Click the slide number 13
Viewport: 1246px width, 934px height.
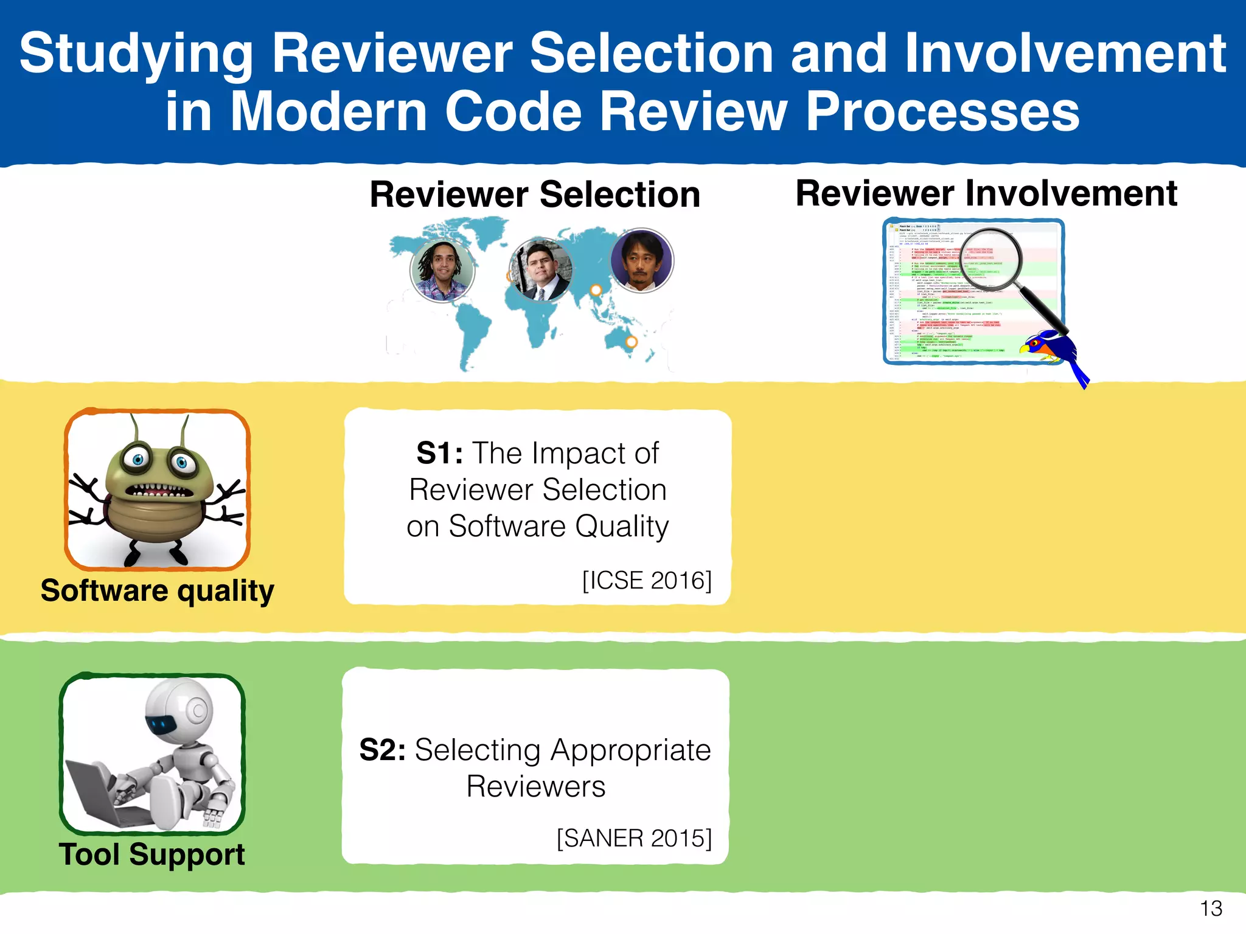click(1211, 908)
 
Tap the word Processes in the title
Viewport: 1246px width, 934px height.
click(942, 112)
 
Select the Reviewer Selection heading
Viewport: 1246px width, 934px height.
click(535, 195)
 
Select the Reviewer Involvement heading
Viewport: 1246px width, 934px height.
click(986, 193)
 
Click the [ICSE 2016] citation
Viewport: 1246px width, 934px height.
click(647, 580)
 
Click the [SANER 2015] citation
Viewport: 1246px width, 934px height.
click(634, 838)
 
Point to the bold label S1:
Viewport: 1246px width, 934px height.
click(439, 454)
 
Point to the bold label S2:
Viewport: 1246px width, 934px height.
click(383, 750)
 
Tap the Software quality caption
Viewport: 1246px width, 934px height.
click(157, 590)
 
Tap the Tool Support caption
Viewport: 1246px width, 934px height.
click(151, 854)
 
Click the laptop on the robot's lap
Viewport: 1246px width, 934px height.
click(91, 790)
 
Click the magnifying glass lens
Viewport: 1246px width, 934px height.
click(992, 258)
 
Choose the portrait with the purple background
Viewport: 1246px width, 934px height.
click(641, 260)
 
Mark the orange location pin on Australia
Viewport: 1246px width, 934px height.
click(632, 342)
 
